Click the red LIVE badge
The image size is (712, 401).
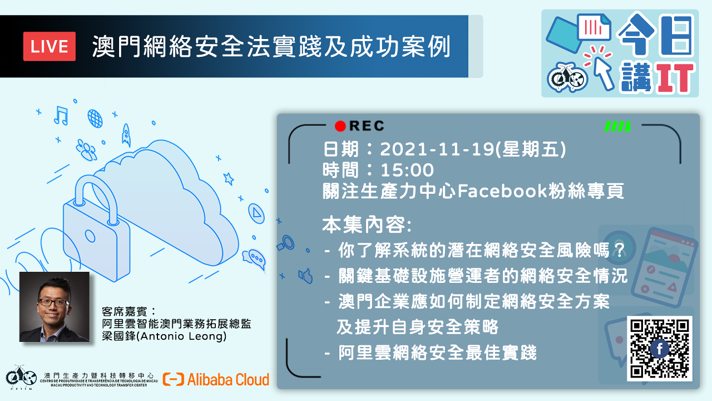click(x=50, y=46)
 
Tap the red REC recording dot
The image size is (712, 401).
click(x=340, y=126)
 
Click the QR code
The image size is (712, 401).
click(x=660, y=349)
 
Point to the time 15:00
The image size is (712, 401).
click(x=407, y=170)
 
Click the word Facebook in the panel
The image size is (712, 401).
click(x=502, y=191)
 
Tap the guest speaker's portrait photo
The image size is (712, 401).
click(x=55, y=307)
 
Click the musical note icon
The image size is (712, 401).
click(x=61, y=115)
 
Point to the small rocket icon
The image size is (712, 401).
click(x=126, y=135)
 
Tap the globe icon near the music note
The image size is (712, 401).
click(x=95, y=119)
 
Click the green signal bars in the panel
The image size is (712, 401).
click(x=617, y=126)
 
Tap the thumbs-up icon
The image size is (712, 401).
click(x=305, y=276)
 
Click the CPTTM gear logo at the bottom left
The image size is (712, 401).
click(x=21, y=377)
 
